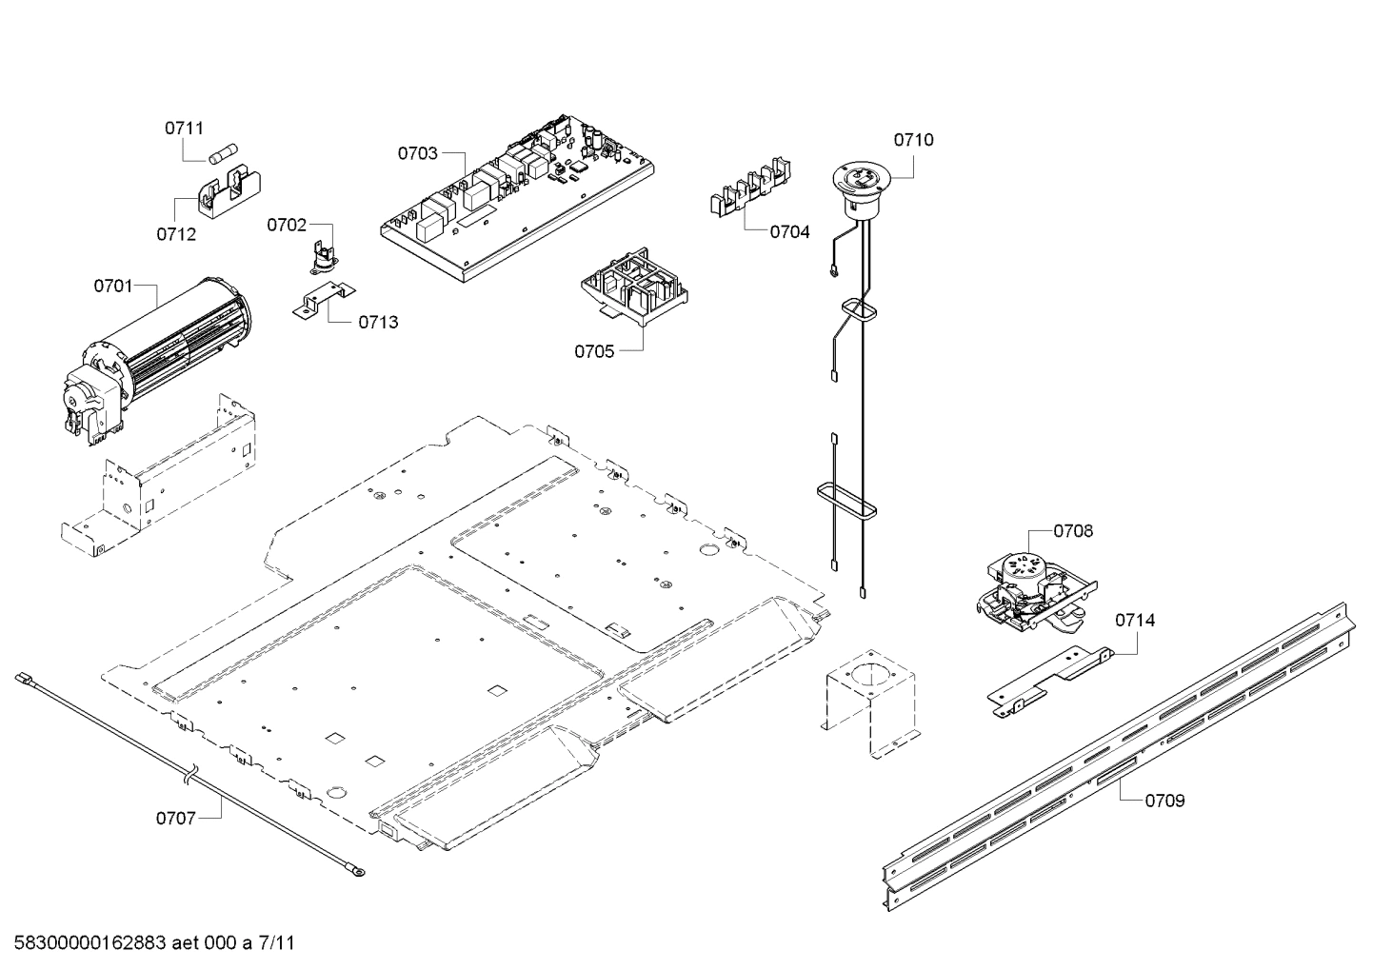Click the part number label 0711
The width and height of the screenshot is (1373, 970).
coord(184,129)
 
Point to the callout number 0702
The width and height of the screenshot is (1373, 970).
coord(287,225)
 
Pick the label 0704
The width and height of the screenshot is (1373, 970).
coord(789,231)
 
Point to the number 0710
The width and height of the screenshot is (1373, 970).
coord(912,140)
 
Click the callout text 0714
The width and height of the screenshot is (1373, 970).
coord(1135,621)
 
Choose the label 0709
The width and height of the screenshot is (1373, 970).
coord(1164,801)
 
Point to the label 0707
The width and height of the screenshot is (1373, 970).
coord(176,818)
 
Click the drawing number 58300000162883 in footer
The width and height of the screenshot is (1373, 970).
coord(86,944)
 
